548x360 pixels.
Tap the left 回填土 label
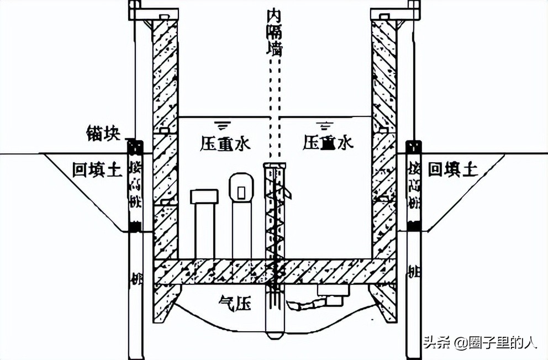coord(97,169)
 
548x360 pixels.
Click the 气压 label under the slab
coord(233,303)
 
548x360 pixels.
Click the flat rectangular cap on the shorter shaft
coord(204,197)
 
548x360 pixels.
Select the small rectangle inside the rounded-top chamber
coord(241,192)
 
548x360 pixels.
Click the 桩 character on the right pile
coord(412,272)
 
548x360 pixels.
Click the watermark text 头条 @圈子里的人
coord(479,342)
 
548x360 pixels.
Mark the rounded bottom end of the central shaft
coord(275,334)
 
